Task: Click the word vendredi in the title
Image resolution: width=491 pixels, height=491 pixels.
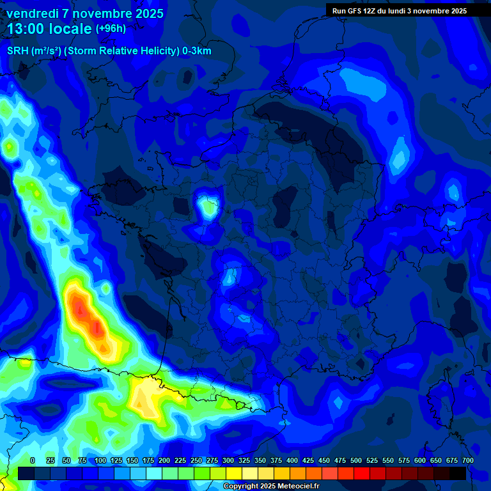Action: pos(33,13)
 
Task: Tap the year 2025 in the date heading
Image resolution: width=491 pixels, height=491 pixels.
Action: pos(146,13)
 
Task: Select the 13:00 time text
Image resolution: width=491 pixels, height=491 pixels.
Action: pos(26,29)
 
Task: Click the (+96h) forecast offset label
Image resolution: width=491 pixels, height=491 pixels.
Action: pos(111,29)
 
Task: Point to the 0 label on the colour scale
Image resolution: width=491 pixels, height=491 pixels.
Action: pos(33,460)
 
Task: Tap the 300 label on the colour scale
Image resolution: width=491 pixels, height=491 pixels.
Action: pos(228,460)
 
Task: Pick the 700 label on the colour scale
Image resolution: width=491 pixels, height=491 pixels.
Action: pos(467,460)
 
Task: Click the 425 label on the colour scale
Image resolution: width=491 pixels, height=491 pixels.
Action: pos(308,460)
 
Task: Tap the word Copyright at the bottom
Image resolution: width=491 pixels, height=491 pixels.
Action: pos(242,487)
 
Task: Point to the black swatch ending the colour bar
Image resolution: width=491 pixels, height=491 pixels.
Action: pos(458,473)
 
